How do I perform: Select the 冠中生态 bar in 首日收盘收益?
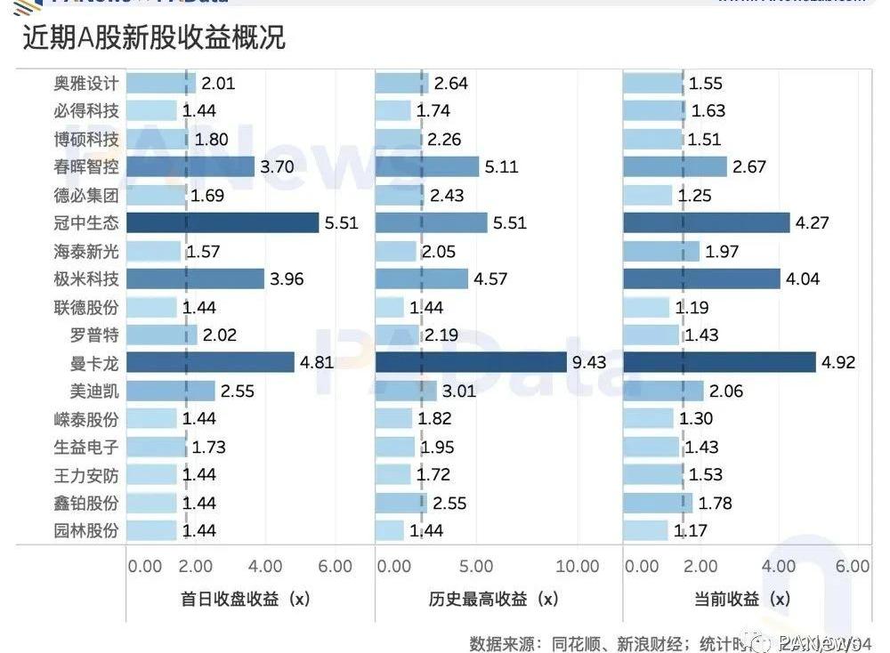click(x=222, y=222)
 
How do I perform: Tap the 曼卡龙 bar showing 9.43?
click(x=471, y=362)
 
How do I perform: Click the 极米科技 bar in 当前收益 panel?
click(x=701, y=278)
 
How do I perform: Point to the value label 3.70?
click(x=280, y=167)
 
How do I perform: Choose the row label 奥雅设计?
click(x=85, y=84)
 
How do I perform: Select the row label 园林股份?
click(x=85, y=530)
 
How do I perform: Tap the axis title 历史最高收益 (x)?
click(x=489, y=599)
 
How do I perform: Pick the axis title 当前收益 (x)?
click(x=742, y=599)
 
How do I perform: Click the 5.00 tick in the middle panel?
click(x=477, y=567)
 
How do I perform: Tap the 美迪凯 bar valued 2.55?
click(x=171, y=391)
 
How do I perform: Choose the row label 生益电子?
click(x=85, y=447)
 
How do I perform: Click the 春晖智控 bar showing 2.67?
click(x=675, y=167)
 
